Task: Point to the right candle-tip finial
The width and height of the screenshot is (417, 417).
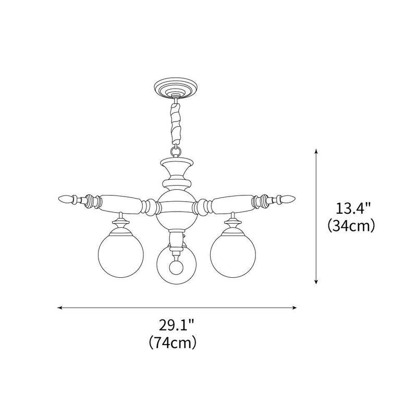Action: pyautogui.click(x=288, y=198)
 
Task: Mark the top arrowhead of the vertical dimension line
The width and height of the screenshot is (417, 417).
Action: pyautogui.click(x=316, y=151)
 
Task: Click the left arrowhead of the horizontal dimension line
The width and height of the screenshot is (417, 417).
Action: pyautogui.click(x=60, y=308)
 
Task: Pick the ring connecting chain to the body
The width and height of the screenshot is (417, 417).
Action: pyautogui.click(x=175, y=151)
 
